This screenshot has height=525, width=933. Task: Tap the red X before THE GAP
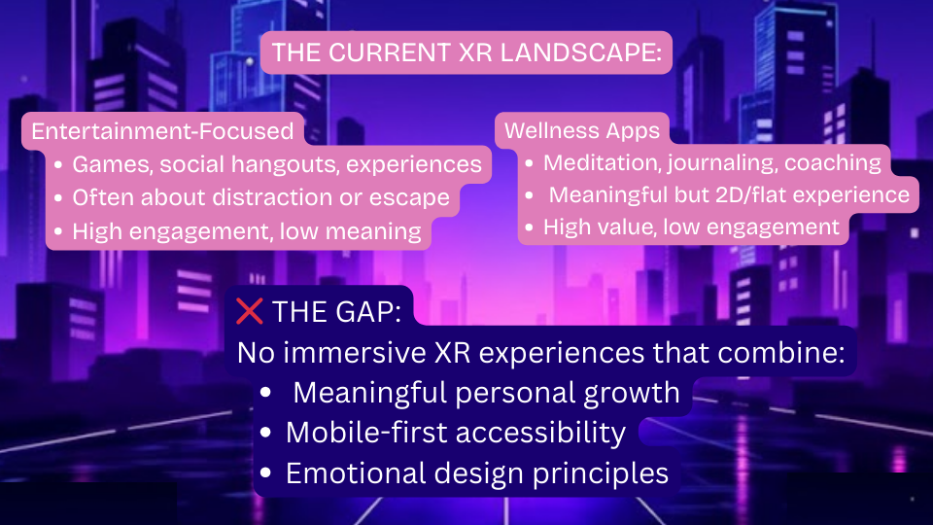[x=250, y=311]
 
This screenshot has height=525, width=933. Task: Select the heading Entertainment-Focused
[x=162, y=131]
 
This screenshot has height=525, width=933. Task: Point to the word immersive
[x=347, y=353]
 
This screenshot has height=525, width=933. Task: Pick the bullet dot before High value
[x=530, y=228]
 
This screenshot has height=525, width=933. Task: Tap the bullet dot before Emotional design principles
[x=266, y=474]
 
